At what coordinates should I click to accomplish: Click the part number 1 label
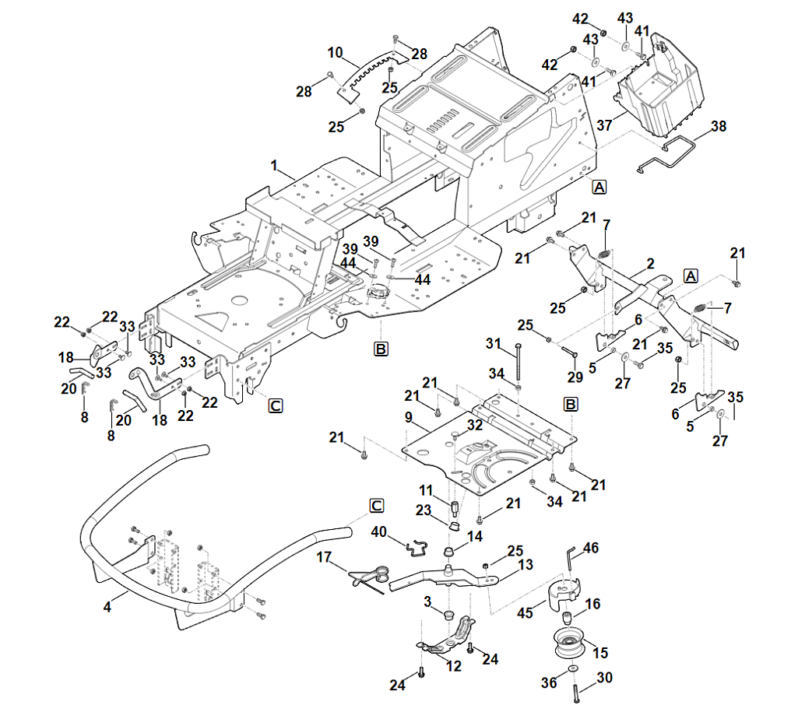pyautogui.click(x=274, y=165)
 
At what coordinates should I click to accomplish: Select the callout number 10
pyautogui.click(x=336, y=54)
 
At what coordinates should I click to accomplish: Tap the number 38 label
pyautogui.click(x=718, y=125)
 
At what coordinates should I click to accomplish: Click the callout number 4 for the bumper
pyautogui.click(x=107, y=605)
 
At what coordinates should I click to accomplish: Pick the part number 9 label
pyautogui.click(x=408, y=417)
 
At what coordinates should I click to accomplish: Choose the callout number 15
pyautogui.click(x=600, y=653)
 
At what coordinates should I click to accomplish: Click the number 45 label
pyautogui.click(x=526, y=613)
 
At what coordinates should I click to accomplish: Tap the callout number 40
pyautogui.click(x=378, y=532)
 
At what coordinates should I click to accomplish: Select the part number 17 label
pyautogui.click(x=325, y=557)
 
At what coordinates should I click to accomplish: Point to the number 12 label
pyautogui.click(x=453, y=666)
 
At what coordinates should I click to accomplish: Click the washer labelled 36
pyautogui.click(x=573, y=670)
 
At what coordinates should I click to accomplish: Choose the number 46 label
pyautogui.click(x=591, y=549)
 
